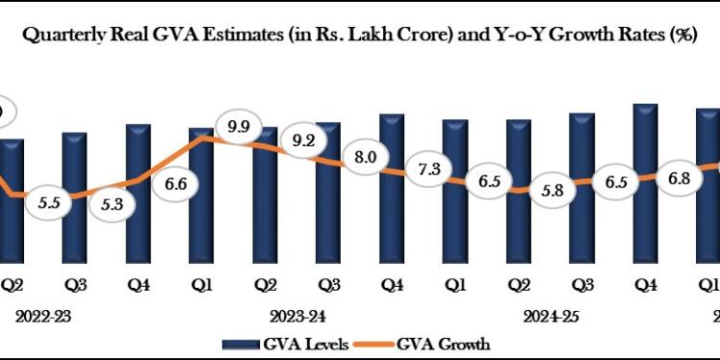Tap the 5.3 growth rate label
(x=112, y=203)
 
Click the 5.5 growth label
(x=49, y=204)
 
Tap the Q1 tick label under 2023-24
(x=202, y=284)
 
